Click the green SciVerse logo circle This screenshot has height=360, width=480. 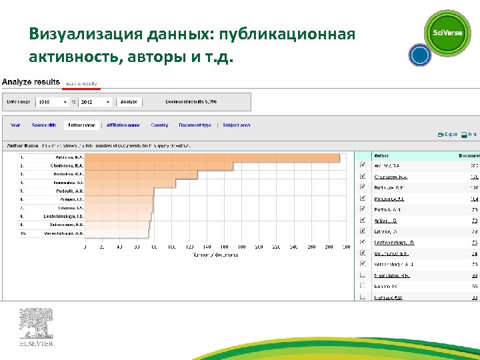(448, 33)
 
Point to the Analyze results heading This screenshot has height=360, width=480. (30, 82)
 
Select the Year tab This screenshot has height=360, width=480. (15, 125)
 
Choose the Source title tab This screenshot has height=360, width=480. (44, 125)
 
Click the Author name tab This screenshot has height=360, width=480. (81, 125)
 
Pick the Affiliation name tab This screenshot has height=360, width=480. (124, 125)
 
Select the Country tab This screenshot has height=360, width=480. (160, 125)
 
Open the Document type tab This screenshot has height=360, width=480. (195, 125)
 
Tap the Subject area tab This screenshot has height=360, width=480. (237, 125)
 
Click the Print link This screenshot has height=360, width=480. (470, 135)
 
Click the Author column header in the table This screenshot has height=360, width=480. (381, 155)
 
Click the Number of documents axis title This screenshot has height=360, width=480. (215, 255)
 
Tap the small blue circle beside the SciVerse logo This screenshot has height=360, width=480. (419, 55)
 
